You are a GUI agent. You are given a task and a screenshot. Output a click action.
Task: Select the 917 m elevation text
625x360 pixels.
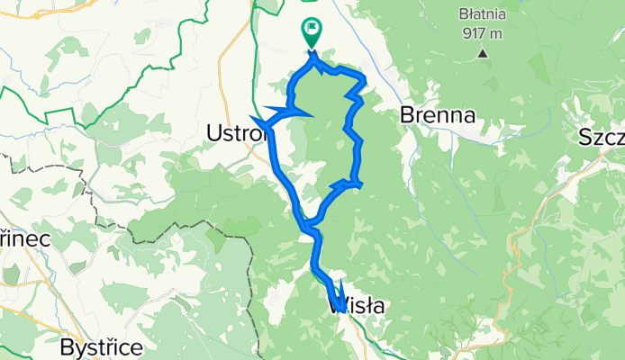(x=482, y=33)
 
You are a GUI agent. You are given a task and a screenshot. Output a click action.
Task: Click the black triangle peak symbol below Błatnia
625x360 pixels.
(x=483, y=53)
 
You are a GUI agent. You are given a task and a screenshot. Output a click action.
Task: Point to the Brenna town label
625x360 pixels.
(x=438, y=116)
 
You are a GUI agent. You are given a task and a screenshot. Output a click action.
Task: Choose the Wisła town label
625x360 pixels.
(x=358, y=306)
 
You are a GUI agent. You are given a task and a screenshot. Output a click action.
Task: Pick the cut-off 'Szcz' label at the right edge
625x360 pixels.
(x=602, y=140)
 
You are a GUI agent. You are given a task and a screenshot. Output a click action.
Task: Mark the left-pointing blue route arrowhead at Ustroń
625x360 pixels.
(x=258, y=121)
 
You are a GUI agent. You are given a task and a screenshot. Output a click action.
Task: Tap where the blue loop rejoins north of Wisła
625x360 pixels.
(x=309, y=222)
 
